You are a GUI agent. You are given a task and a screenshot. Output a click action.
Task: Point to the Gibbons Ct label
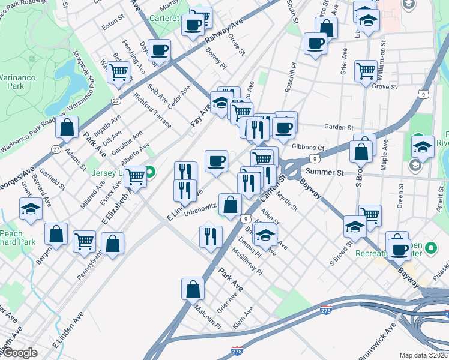tap(308, 148)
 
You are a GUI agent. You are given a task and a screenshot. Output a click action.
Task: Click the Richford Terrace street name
tap(152, 111)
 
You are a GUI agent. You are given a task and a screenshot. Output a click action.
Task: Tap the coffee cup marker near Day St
tap(159, 50)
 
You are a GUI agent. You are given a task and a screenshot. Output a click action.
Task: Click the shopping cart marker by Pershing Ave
tap(119, 71)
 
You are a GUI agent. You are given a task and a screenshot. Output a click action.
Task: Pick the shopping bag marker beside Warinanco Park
tap(67, 127)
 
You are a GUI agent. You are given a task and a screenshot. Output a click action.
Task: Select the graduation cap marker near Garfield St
tap(31, 209)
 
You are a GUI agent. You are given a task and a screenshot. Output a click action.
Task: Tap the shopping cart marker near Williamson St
tap(366, 71)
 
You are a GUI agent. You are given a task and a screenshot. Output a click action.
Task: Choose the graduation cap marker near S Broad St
tap(355, 227)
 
